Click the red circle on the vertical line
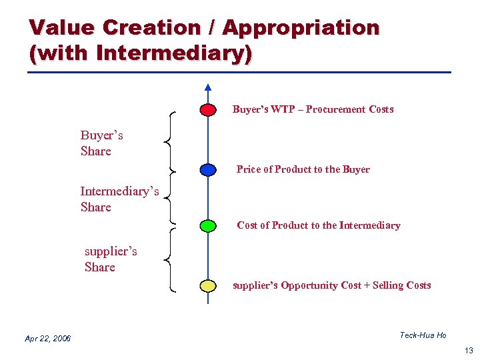point(208,109)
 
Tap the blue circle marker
point(208,169)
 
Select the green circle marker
point(208,225)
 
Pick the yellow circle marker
point(208,286)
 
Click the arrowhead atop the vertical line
point(208,87)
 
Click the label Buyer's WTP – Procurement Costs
point(313,109)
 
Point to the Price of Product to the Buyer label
point(303,169)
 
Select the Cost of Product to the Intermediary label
point(318,225)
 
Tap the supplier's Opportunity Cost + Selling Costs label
point(331,285)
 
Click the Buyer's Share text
point(101,143)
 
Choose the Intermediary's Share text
point(119,199)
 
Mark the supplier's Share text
point(110,259)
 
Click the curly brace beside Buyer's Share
point(170,141)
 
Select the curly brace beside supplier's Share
point(170,259)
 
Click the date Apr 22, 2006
point(47,339)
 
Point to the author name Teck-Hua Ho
point(423,335)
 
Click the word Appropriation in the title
point(301,28)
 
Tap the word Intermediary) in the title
point(174,52)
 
